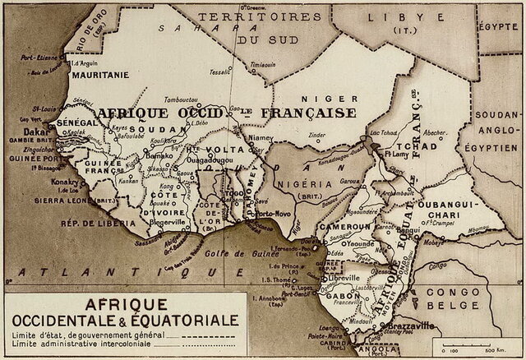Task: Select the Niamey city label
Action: coord(259,138)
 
